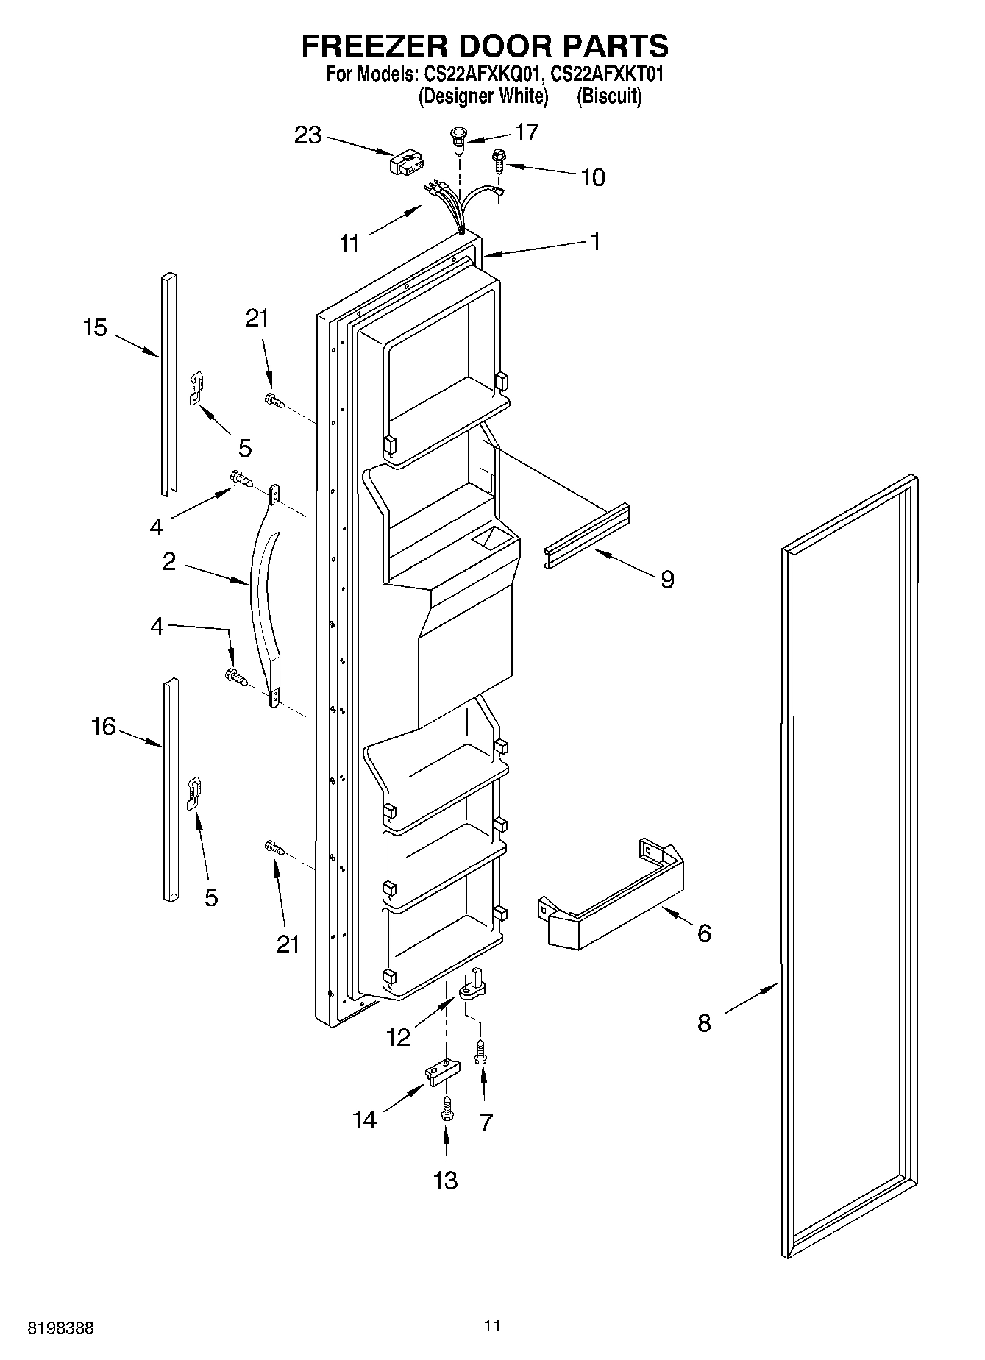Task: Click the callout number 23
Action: click(308, 135)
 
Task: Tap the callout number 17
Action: click(527, 132)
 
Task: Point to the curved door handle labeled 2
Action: click(262, 596)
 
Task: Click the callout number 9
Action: click(666, 580)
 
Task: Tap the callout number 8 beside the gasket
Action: click(704, 1022)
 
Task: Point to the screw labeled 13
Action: click(445, 1108)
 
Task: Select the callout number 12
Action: click(398, 1037)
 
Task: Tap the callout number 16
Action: click(103, 727)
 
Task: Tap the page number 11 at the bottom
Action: click(492, 1325)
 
